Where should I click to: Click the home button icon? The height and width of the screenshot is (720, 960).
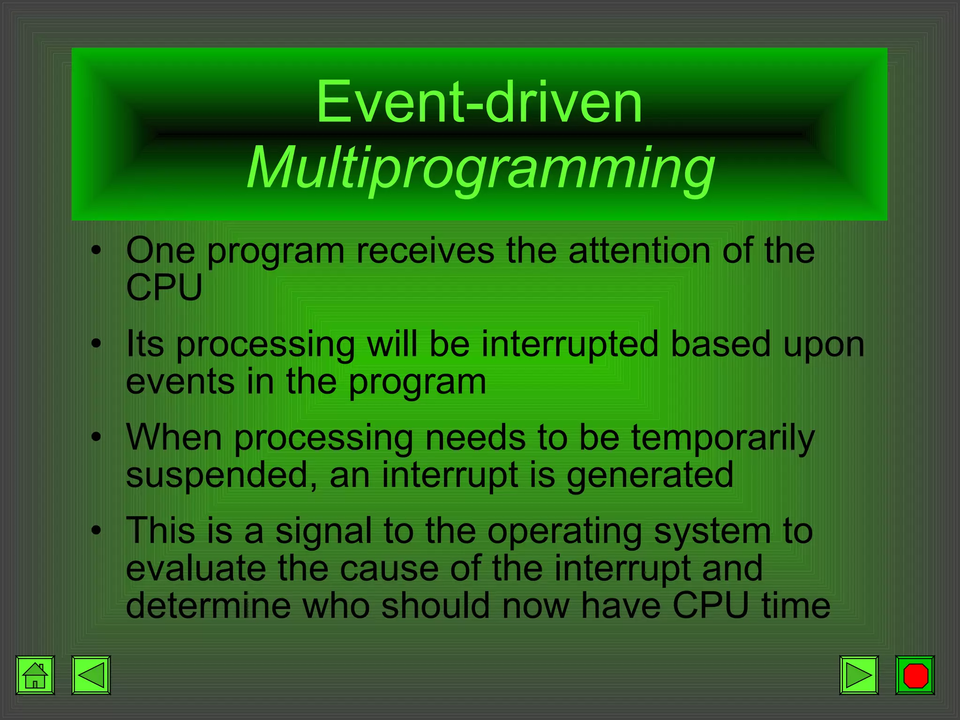35,675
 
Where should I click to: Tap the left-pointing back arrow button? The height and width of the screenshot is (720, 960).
91,675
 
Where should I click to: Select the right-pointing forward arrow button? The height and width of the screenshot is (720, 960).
859,675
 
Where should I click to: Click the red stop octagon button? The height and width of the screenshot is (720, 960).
915,675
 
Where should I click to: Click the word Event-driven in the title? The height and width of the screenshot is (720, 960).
479,102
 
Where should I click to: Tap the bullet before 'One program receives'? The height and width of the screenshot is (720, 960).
96,251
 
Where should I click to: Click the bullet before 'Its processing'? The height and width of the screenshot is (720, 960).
96,344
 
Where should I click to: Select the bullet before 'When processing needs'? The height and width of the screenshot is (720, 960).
96,437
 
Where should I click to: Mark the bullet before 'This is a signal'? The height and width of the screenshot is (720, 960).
96,531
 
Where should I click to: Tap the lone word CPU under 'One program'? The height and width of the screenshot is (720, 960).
164,287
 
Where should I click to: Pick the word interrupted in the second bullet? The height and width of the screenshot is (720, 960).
570,345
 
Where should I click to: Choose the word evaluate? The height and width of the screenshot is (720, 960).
196,569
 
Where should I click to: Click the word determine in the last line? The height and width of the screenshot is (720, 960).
208,606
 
